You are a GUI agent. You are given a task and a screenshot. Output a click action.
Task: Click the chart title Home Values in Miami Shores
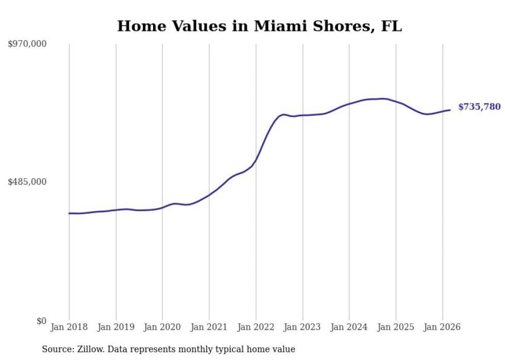click(259, 26)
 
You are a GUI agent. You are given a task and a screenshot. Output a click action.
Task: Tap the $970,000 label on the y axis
click(27, 44)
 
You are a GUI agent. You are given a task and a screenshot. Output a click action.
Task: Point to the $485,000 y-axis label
click(27, 182)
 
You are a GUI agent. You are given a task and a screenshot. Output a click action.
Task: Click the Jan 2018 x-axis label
click(69, 327)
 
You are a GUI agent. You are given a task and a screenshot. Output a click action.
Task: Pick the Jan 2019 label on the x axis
click(116, 327)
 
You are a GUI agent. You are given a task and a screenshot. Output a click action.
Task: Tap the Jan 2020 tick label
click(162, 327)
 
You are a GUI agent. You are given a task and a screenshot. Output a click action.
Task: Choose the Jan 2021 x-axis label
click(209, 327)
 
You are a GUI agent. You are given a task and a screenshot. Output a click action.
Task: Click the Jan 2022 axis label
click(256, 327)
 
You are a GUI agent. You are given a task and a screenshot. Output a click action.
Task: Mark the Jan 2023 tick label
click(302, 327)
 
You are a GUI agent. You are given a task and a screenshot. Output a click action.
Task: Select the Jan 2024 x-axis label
click(349, 327)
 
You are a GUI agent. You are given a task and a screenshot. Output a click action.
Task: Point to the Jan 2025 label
click(396, 327)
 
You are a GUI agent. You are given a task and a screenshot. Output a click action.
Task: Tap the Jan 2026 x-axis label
click(442, 327)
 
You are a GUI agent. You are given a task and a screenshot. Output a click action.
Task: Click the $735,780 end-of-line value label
click(479, 107)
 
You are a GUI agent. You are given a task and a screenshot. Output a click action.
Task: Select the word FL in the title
click(391, 26)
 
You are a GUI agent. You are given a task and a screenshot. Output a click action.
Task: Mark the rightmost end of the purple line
click(450, 110)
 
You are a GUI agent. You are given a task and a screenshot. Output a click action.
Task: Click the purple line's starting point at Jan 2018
click(69, 213)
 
